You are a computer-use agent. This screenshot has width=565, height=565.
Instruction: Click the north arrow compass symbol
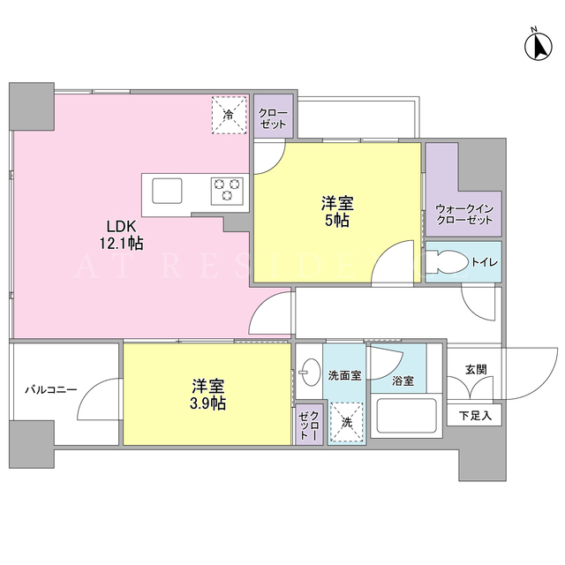tap(538, 46)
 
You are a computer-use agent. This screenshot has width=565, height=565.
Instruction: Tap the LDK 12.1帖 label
tap(122, 236)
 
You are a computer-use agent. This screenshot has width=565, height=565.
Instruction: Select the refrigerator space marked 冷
tap(229, 115)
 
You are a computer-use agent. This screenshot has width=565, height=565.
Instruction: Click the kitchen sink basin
tap(167, 191)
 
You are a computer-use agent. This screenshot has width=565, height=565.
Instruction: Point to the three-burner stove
tap(227, 192)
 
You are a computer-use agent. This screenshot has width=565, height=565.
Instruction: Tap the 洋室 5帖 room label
tap(337, 212)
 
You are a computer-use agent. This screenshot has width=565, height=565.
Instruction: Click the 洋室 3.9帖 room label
tap(208, 395)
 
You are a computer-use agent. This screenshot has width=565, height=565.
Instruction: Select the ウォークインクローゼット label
tap(464, 215)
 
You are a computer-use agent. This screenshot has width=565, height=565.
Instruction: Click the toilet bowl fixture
tap(446, 262)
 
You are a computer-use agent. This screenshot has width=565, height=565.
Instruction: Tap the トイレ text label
tap(485, 262)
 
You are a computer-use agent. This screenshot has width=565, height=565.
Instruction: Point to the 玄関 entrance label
tap(476, 369)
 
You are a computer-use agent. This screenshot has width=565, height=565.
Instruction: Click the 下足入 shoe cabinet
tap(474, 415)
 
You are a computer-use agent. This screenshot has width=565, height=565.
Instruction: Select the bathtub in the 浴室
tap(406, 416)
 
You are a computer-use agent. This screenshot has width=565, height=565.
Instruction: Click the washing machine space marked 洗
tap(346, 422)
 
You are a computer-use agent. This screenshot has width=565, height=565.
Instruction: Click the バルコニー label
tap(51, 390)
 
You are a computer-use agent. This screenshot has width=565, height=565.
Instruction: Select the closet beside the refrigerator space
tap(273, 116)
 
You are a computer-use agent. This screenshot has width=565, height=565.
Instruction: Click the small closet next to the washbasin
tap(309, 425)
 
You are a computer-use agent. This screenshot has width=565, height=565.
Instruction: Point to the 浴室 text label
tap(403, 380)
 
